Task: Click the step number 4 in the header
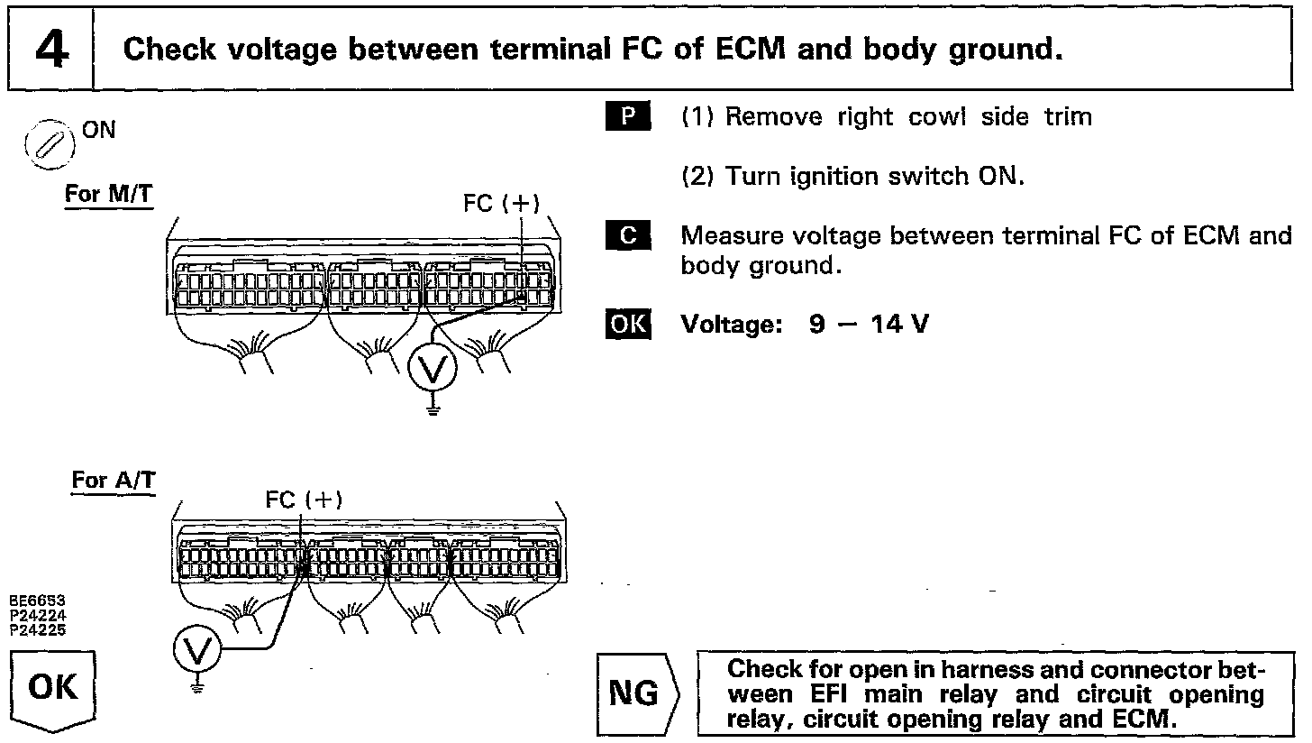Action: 51,50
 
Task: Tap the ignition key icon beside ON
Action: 51,143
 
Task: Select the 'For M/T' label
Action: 108,195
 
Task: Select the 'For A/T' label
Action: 113,481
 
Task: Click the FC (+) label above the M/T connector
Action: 501,204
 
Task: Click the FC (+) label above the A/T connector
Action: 304,500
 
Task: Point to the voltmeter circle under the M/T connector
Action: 433,368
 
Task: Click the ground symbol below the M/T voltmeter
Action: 433,408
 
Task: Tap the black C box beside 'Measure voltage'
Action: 628,236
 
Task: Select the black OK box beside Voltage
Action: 628,324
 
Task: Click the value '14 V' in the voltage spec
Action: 899,324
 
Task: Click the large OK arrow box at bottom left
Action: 53,690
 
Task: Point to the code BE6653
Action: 37,601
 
